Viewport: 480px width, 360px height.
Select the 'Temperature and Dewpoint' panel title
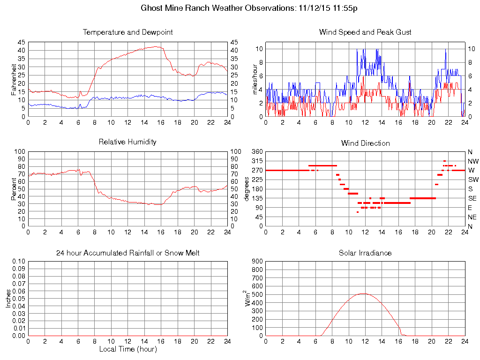point(127,32)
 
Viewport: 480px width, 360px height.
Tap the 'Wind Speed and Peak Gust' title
point(365,32)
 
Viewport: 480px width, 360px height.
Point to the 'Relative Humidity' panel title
point(127,142)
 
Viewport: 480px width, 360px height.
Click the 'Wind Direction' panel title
point(365,143)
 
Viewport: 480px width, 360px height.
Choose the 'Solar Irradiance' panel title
point(365,253)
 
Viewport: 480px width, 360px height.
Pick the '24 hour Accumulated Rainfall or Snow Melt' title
point(127,253)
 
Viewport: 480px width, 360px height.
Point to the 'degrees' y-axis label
point(247,189)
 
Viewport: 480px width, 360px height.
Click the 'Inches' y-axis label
point(8,299)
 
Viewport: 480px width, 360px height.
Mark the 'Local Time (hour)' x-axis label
point(127,349)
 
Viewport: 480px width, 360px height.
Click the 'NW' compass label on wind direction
point(472,161)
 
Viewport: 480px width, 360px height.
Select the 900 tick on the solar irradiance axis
point(256,262)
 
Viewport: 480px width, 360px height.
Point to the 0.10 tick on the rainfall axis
point(18,262)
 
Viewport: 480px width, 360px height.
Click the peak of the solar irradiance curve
point(363,293)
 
